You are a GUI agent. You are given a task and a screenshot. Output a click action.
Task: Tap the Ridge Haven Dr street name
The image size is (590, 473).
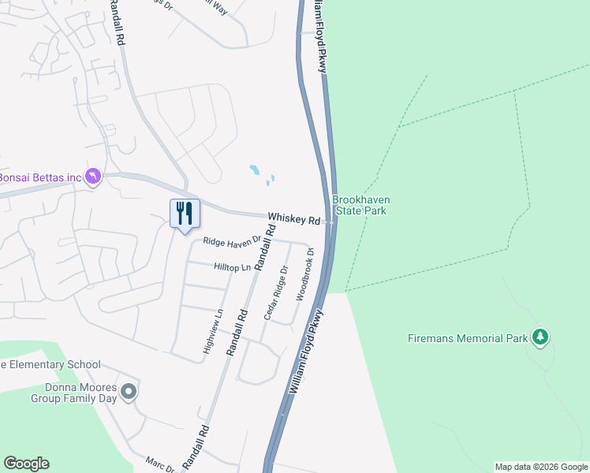pyautogui.click(x=232, y=240)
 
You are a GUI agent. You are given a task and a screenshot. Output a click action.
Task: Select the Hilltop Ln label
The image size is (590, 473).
pyautogui.click(x=232, y=267)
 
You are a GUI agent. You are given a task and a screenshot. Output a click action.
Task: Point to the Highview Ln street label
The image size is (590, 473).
pyautogui.click(x=211, y=331)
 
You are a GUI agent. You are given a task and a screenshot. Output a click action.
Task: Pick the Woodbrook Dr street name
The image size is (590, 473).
pyautogui.click(x=304, y=274)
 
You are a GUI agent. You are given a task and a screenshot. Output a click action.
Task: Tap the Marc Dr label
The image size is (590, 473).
pyautogui.click(x=160, y=464)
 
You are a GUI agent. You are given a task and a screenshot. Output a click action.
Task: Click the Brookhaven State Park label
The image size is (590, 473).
pyautogui.click(x=361, y=205)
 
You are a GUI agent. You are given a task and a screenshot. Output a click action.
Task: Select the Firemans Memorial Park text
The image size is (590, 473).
pyautogui.click(x=467, y=338)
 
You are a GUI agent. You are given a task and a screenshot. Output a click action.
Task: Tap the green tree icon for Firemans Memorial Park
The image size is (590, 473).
pyautogui.click(x=540, y=337)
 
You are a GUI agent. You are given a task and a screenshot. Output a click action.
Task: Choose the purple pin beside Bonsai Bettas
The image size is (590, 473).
pyautogui.click(x=94, y=176)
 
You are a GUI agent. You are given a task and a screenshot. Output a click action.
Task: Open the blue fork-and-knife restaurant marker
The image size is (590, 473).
pyautogui.click(x=185, y=214)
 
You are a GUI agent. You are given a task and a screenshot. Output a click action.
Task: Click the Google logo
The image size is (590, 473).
pyautogui.click(x=26, y=464)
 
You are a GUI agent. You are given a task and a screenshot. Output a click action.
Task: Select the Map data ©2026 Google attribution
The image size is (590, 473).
pyautogui.click(x=540, y=467)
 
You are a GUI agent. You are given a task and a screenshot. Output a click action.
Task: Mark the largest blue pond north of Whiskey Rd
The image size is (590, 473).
pyautogui.click(x=254, y=169)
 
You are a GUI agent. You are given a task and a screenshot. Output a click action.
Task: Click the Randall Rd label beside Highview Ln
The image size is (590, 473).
pyautogui.click(x=237, y=332)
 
